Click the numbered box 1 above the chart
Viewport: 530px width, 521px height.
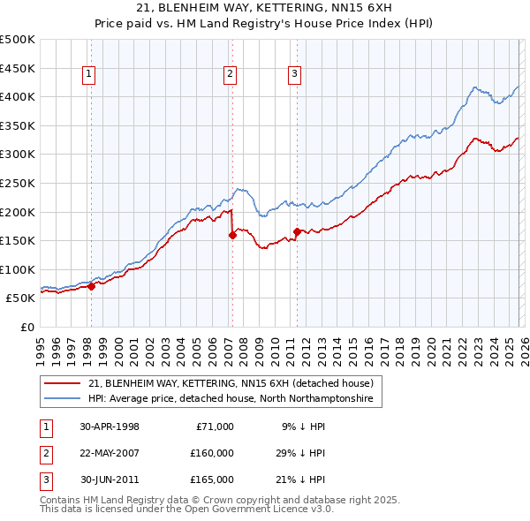click(90, 75)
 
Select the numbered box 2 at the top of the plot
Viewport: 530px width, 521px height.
click(229, 75)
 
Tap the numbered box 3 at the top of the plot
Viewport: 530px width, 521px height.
click(294, 75)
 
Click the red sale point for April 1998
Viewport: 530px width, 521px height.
click(91, 286)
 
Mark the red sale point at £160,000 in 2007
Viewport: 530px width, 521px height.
click(232, 235)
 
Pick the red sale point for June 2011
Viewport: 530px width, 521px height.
click(297, 231)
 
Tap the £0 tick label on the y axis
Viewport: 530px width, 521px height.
click(26, 327)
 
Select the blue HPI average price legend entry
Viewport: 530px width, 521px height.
click(231, 399)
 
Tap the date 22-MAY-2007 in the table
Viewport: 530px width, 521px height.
click(110, 453)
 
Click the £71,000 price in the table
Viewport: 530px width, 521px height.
click(215, 427)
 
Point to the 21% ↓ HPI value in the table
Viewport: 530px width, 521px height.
click(303, 479)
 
